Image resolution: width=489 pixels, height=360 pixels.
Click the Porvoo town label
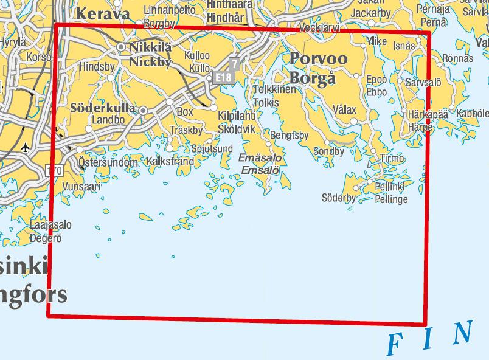[319, 58]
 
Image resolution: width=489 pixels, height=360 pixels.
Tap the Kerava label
[105, 14]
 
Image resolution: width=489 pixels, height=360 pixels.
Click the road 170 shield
[54, 170]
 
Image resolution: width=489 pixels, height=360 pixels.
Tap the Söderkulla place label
[103, 108]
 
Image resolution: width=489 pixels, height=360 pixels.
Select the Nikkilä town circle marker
[121, 47]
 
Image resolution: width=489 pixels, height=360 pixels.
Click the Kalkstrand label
[170, 162]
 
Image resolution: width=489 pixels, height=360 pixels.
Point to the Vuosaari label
[81, 187]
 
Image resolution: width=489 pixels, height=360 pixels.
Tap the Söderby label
[338, 198]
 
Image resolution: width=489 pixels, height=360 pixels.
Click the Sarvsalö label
[423, 81]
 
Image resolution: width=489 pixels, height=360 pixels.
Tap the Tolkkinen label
[274, 90]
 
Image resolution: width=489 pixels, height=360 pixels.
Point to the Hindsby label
[97, 67]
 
